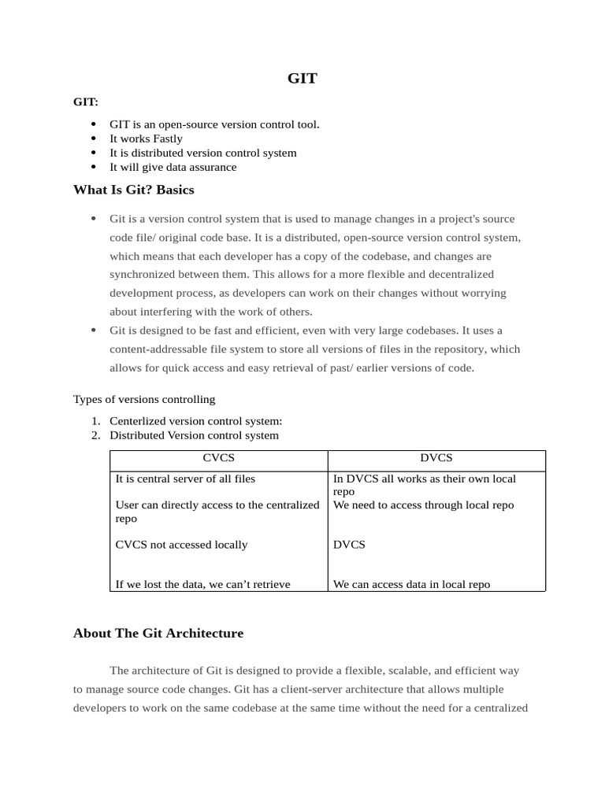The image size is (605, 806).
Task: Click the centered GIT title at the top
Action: (x=302, y=78)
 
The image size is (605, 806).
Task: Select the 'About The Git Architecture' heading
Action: (x=158, y=633)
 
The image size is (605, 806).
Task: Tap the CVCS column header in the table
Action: (x=218, y=457)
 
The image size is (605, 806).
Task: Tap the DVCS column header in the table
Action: (x=436, y=457)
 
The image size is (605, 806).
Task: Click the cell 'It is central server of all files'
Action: (x=185, y=479)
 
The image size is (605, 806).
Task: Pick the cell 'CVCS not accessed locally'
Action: (x=181, y=545)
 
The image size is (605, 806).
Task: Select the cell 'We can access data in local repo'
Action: (x=411, y=584)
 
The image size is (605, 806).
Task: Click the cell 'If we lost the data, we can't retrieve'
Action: (x=202, y=584)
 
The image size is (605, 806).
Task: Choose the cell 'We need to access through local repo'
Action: (x=423, y=505)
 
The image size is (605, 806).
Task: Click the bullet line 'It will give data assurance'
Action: (x=173, y=167)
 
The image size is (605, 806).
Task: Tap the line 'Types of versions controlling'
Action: (x=144, y=399)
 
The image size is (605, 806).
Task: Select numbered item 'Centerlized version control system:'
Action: (x=195, y=421)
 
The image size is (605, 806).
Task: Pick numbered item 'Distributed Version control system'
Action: (x=194, y=435)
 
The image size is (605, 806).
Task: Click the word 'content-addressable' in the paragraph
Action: (x=157, y=349)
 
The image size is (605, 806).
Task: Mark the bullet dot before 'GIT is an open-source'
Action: (x=93, y=124)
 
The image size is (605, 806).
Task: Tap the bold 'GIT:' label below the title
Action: (x=86, y=102)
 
